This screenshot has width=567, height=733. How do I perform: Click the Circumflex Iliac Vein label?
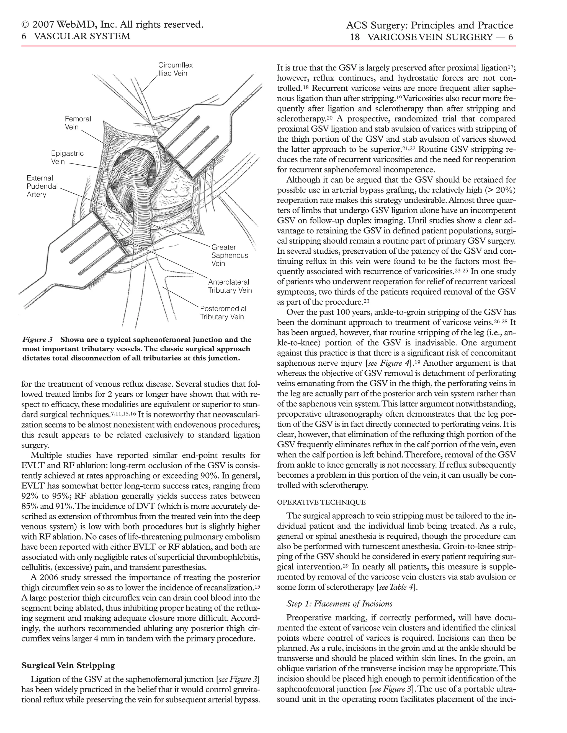[x=175, y=69]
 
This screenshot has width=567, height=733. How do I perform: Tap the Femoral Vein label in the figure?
[x=78, y=123]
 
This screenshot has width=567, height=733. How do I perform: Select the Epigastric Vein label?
[x=67, y=157]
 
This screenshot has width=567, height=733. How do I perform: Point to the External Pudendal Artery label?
[x=42, y=186]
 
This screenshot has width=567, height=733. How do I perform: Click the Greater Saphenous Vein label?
[x=230, y=255]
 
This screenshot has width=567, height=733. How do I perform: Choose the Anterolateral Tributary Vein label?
[x=230, y=286]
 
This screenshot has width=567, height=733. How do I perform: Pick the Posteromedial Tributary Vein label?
[x=223, y=313]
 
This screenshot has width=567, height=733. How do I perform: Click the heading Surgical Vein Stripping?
[x=68, y=665]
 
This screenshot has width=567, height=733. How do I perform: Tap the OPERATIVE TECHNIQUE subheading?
[x=321, y=502]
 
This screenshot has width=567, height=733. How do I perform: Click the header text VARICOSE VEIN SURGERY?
[x=430, y=37]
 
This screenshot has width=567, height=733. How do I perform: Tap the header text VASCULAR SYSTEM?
[x=82, y=36]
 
